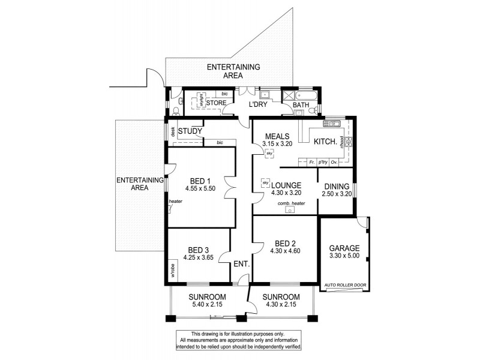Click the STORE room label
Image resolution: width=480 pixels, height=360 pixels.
click(216, 103)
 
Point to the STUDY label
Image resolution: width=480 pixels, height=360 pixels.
click(190, 131)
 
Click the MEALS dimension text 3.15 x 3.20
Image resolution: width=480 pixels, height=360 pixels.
click(277, 144)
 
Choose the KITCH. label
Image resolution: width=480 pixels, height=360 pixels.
click(325, 142)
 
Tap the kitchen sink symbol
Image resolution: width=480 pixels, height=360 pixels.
click(331, 124)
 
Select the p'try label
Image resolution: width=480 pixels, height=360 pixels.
click(323, 162)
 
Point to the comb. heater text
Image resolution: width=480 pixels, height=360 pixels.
click(291, 203)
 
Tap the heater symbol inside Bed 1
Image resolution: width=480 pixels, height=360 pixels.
click(171, 208)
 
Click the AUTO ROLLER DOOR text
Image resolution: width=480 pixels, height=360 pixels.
click(344, 285)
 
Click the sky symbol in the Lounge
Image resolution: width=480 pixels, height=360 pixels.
click(265, 182)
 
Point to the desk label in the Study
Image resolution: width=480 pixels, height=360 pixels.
click(172, 134)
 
